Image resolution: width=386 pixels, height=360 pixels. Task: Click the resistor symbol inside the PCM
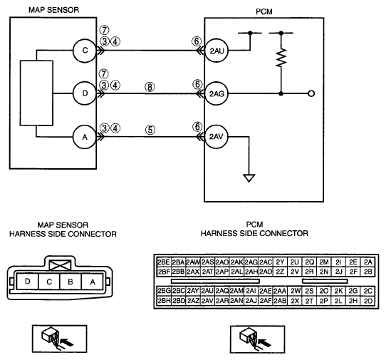pyautogui.click(x=281, y=58)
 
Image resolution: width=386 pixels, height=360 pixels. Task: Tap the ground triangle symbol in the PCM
pyautogui.click(x=249, y=178)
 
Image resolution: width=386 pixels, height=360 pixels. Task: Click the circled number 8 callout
pyautogui.click(x=150, y=87)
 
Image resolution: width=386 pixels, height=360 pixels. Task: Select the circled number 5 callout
pyautogui.click(x=150, y=130)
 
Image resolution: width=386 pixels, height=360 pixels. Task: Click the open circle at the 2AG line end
pyautogui.click(x=311, y=93)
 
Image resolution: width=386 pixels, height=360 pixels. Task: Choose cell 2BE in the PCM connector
pyautogui.click(x=164, y=262)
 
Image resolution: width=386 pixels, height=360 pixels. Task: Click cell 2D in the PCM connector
pyautogui.click(x=368, y=301)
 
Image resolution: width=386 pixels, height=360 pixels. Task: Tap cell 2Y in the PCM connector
pyautogui.click(x=280, y=262)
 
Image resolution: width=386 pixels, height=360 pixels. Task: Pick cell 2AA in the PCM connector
pyautogui.click(x=280, y=291)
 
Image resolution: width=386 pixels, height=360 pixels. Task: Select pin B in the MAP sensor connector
pyautogui.click(x=71, y=282)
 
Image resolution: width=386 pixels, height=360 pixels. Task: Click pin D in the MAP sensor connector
pyautogui.click(x=28, y=282)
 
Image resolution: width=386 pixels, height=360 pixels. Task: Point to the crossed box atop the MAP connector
pyautogui.click(x=61, y=265)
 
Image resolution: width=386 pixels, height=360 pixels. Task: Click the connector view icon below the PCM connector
pyautogui.click(x=258, y=339)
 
